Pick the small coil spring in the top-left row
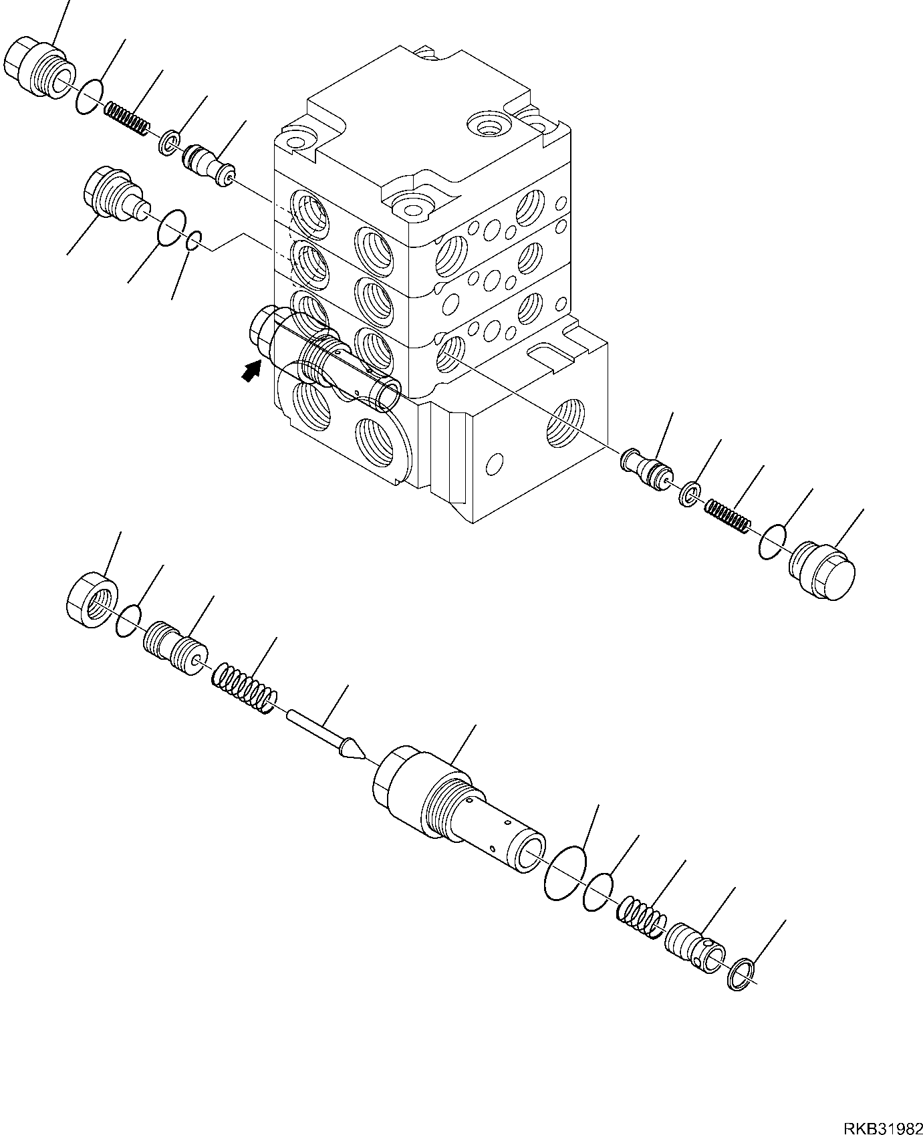(x=127, y=116)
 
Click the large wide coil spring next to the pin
(x=245, y=688)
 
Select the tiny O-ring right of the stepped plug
(x=193, y=241)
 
